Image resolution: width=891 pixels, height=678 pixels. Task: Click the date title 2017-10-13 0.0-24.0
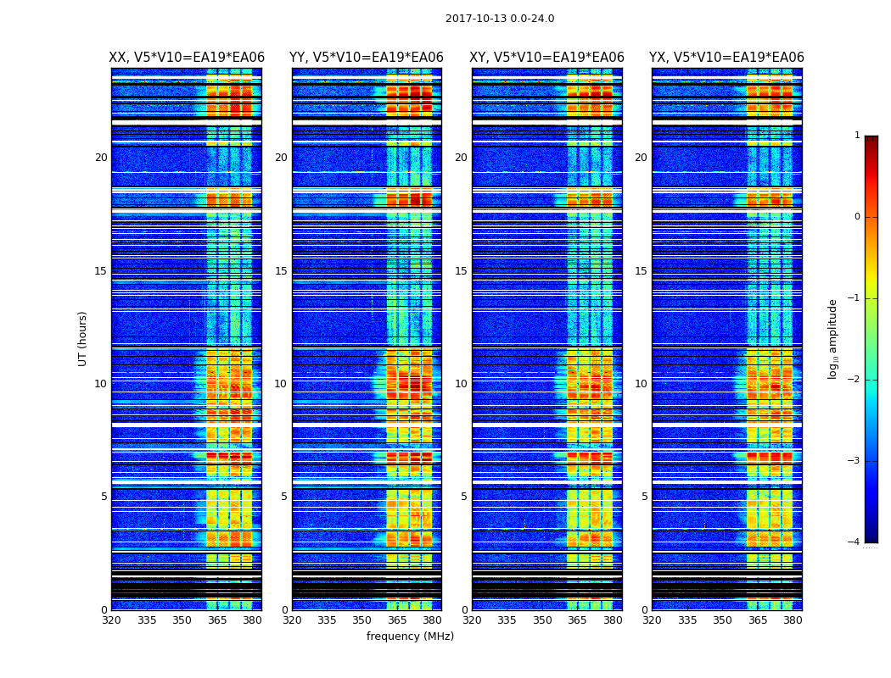[500, 19]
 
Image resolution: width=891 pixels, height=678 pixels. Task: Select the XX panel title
[187, 58]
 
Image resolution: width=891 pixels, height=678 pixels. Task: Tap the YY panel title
[367, 58]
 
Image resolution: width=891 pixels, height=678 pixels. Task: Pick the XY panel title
[546, 58]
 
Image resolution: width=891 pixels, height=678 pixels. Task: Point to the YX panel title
[726, 58]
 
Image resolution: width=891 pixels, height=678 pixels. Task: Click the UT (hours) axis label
[82, 338]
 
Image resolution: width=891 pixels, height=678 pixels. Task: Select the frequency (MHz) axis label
[410, 636]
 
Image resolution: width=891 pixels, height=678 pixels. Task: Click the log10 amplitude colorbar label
[832, 338]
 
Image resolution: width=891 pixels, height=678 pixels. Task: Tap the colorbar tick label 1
[856, 136]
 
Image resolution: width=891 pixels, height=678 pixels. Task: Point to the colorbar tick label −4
[855, 542]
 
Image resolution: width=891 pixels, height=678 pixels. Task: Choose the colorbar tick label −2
[855, 380]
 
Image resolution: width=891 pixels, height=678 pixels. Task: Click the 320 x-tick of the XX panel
[111, 620]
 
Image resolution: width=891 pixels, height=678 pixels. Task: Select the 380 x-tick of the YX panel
[793, 620]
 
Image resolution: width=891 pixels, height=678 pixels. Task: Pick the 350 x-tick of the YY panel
[362, 620]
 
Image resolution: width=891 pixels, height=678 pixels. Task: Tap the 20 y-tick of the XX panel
[101, 158]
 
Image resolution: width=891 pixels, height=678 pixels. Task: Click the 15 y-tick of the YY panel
[281, 271]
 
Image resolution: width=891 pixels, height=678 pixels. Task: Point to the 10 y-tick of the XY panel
[461, 384]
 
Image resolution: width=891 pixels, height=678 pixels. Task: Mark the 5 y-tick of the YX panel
[644, 497]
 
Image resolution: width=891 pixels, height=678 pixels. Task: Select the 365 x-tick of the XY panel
[578, 620]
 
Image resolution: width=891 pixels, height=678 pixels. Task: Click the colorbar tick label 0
[856, 217]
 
